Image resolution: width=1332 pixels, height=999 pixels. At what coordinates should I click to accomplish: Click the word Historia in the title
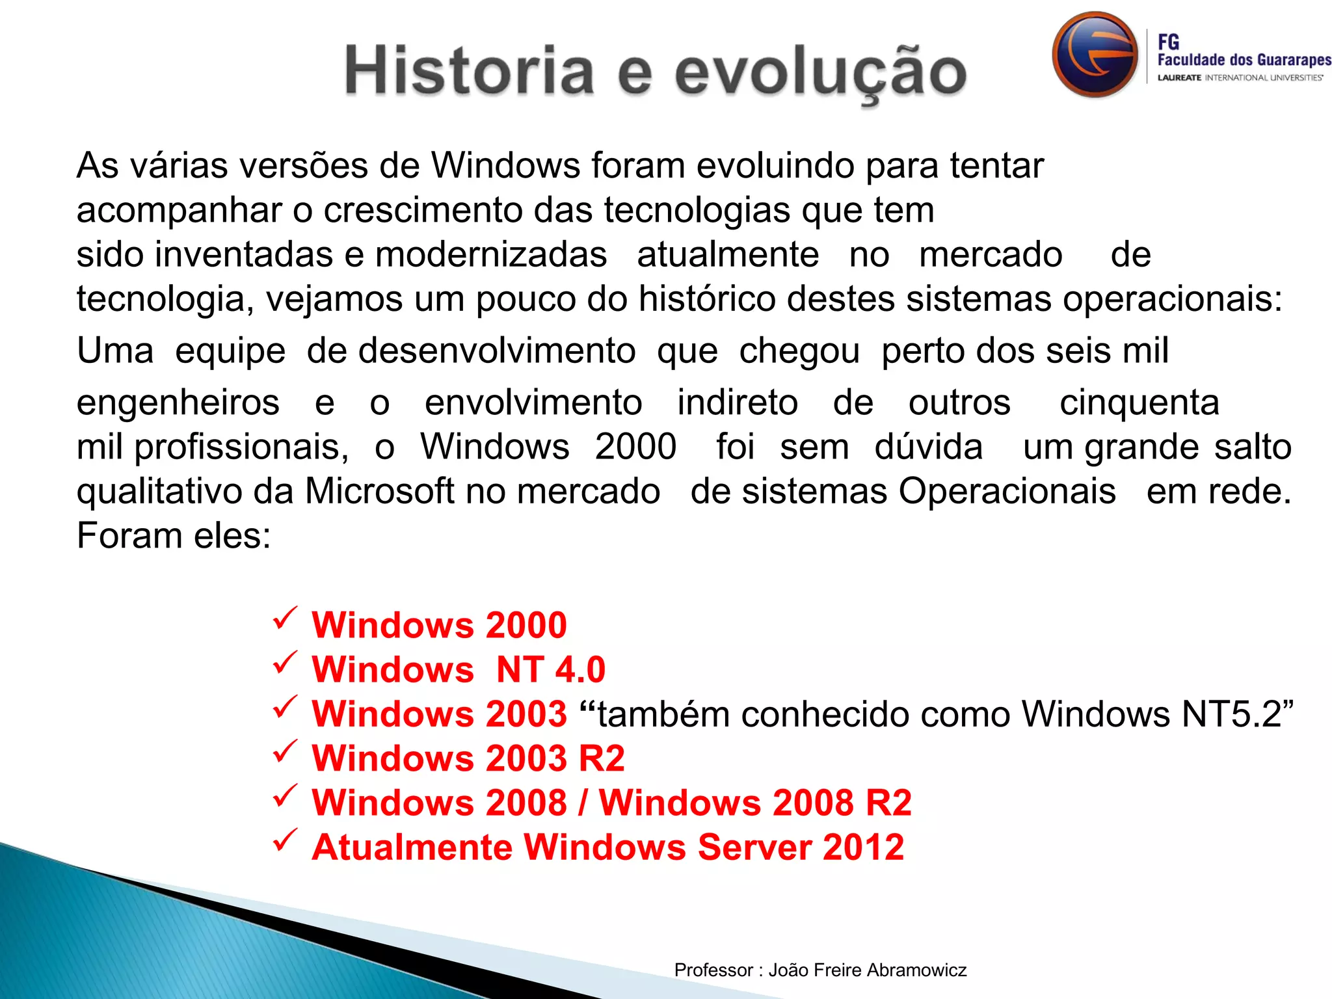[x=468, y=70]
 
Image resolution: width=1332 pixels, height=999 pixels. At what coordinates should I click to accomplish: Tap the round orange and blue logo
[x=1095, y=55]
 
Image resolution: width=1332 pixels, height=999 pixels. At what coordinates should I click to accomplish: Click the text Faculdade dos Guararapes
[x=1244, y=60]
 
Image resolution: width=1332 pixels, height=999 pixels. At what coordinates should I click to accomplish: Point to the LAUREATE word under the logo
[x=1179, y=78]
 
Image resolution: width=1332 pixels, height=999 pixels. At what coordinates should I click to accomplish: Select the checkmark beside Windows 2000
[x=286, y=618]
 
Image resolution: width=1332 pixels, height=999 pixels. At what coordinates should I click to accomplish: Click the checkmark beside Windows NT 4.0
[x=286, y=662]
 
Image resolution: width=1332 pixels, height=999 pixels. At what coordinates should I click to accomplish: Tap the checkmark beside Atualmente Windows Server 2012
[x=286, y=840]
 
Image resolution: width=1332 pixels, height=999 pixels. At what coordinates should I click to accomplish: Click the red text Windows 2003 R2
[x=468, y=758]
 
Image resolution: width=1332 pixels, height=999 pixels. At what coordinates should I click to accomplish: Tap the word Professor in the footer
[x=713, y=970]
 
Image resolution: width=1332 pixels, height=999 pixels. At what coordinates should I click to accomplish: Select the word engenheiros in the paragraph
[x=178, y=403]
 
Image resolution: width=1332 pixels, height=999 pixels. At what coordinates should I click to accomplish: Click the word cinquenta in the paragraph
[x=1139, y=403]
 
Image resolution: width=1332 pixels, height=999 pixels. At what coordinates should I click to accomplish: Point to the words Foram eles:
[x=174, y=536]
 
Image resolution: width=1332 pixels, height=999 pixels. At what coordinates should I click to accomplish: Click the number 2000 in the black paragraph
[x=635, y=447]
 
